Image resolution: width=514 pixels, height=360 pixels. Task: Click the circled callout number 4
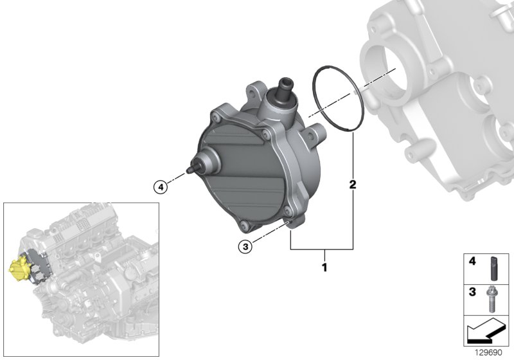pyautogui.click(x=160, y=187)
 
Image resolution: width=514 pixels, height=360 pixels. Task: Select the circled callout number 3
pyautogui.click(x=244, y=245)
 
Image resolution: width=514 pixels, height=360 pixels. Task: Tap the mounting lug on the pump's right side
pyautogui.click(x=314, y=136)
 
